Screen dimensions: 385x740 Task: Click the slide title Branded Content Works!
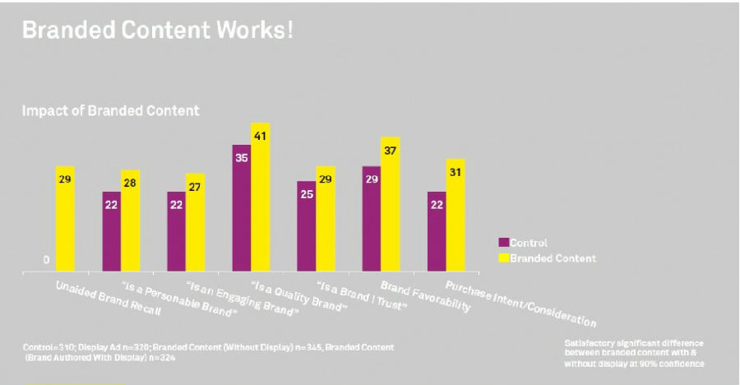point(157,31)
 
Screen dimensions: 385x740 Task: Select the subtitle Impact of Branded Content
point(110,110)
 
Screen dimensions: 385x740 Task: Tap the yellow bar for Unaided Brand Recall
point(65,218)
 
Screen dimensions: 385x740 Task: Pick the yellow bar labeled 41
point(261,197)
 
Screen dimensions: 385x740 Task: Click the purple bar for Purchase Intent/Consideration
point(436,231)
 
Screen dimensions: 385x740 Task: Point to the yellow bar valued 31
point(456,215)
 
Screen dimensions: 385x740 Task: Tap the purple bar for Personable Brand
point(111,231)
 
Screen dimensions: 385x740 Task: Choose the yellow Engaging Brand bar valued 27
point(195,222)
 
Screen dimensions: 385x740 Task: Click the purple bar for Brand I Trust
point(306,226)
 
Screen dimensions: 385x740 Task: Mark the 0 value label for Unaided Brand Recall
point(46,260)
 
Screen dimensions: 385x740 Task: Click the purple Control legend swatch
point(503,243)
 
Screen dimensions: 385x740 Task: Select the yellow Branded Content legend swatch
point(503,257)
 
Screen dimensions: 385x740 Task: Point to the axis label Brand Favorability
point(425,298)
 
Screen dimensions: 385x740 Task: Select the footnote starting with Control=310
point(209,352)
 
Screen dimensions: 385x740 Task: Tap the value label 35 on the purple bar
point(241,158)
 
